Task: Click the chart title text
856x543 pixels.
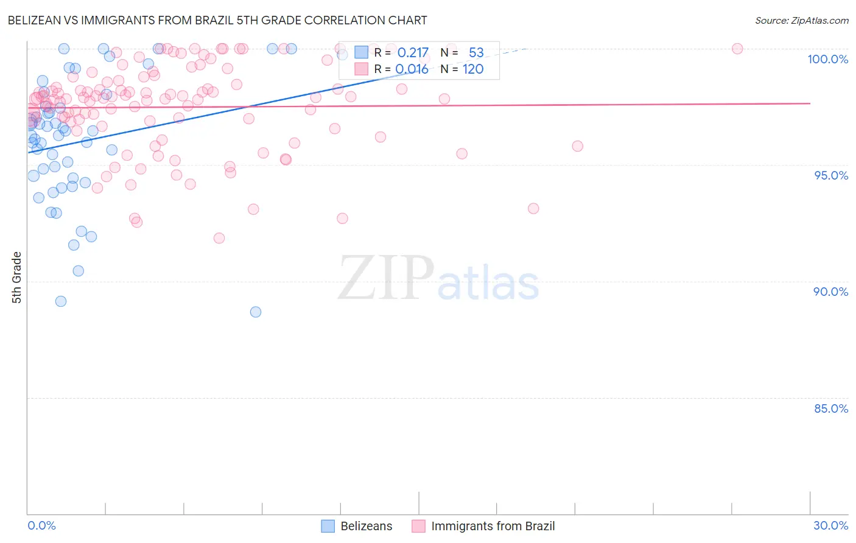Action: pyautogui.click(x=217, y=20)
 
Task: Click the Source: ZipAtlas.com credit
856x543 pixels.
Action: pyautogui.click(x=801, y=20)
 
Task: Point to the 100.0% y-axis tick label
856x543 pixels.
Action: pyautogui.click(x=827, y=59)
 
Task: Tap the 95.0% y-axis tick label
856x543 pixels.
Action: pyautogui.click(x=830, y=175)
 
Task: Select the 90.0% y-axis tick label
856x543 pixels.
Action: pyautogui.click(x=830, y=292)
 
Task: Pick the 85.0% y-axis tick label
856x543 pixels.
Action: pyautogui.click(x=830, y=408)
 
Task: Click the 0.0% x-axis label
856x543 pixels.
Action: pyautogui.click(x=41, y=525)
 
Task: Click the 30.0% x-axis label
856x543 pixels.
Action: pyautogui.click(x=830, y=525)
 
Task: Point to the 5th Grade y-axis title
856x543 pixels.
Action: pyautogui.click(x=17, y=278)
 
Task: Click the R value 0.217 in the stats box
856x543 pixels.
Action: pyautogui.click(x=413, y=53)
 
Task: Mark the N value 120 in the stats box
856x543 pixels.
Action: pyautogui.click(x=473, y=69)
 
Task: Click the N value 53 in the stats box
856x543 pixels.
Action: pyautogui.click(x=475, y=53)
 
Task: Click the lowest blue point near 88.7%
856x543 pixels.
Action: pyautogui.click(x=256, y=312)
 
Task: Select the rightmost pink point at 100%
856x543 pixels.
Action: pyautogui.click(x=737, y=49)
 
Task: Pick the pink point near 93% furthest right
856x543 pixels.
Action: pyautogui.click(x=533, y=208)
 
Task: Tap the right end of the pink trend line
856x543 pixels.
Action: pyautogui.click(x=810, y=103)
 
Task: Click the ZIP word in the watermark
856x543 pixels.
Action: pyautogui.click(x=386, y=278)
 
